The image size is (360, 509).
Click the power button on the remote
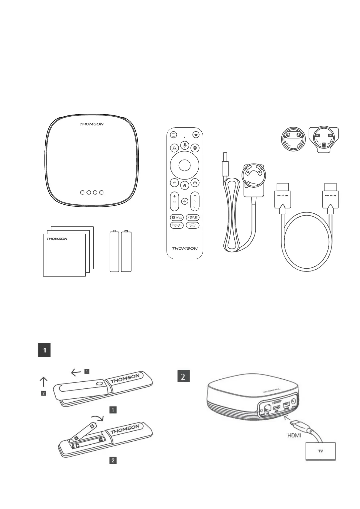(x=174, y=135)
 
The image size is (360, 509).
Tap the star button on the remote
(x=196, y=135)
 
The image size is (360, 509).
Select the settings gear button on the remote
(x=195, y=148)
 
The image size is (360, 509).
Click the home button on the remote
(x=184, y=185)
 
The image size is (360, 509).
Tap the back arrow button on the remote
(x=174, y=183)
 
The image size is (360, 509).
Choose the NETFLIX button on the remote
(x=193, y=217)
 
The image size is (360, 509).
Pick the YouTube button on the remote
(x=177, y=217)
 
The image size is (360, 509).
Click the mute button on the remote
(x=184, y=201)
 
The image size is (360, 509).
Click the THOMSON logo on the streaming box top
(x=91, y=124)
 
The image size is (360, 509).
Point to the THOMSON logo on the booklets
(x=57, y=239)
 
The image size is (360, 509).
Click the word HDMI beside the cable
(x=294, y=436)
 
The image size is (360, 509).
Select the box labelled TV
(x=320, y=451)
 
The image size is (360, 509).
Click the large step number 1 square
(x=44, y=350)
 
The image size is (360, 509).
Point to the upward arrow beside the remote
(x=44, y=381)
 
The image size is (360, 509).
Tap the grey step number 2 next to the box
(x=183, y=377)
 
